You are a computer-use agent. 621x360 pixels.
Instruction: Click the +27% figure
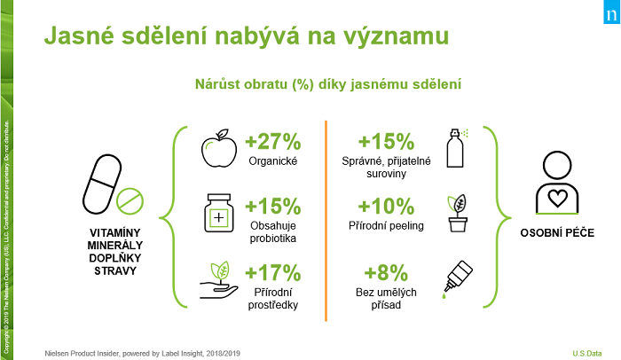pos(274,141)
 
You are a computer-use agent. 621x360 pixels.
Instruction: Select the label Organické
pos(273,161)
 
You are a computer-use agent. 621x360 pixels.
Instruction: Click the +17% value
pos(274,272)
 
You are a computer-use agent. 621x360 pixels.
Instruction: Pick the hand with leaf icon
pos(217,281)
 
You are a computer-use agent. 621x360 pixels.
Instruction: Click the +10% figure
pos(387,206)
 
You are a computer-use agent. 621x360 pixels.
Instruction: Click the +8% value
pos(387,272)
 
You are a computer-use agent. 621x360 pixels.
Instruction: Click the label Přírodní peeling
pos(387,225)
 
